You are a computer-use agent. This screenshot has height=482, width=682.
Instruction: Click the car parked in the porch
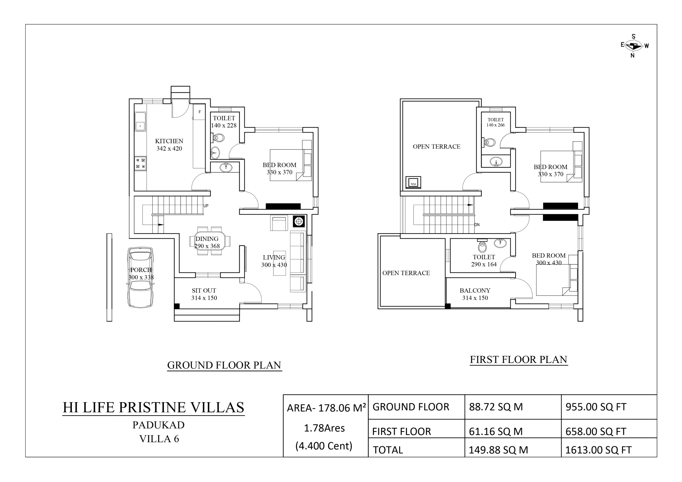140,277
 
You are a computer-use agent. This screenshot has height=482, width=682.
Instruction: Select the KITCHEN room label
169,141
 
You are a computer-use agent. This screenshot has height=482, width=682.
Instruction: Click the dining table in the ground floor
210,241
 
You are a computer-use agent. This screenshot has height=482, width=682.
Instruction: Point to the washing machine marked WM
413,182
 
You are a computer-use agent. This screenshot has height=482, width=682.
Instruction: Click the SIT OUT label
204,290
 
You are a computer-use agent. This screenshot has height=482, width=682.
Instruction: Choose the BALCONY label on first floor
475,290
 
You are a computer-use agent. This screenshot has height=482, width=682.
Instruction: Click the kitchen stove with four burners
140,163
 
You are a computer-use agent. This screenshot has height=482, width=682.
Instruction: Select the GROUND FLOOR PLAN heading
224,365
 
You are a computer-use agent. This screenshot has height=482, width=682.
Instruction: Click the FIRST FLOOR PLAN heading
518,360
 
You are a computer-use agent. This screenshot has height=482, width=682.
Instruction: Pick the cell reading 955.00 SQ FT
596,407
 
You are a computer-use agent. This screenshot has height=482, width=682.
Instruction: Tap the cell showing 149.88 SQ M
498,450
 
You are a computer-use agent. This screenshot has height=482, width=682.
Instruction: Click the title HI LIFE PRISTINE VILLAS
154,407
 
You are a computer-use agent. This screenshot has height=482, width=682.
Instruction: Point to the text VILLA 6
159,439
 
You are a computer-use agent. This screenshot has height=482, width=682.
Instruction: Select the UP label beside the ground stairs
206,206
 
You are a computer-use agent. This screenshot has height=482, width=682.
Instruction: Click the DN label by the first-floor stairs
477,225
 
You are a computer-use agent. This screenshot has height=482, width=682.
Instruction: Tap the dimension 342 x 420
169,149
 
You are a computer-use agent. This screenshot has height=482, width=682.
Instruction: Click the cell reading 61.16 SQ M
496,432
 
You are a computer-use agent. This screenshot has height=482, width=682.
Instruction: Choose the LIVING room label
274,258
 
